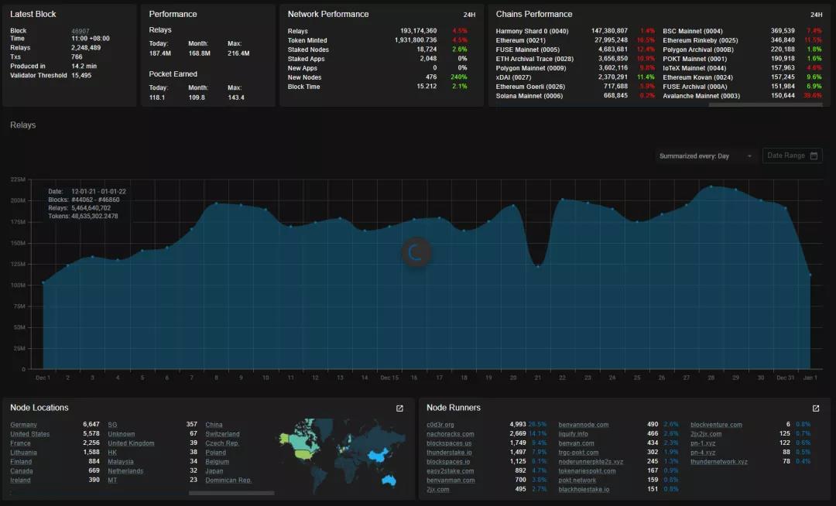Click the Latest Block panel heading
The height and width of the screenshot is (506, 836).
click(x=33, y=14)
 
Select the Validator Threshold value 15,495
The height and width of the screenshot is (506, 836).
click(x=81, y=76)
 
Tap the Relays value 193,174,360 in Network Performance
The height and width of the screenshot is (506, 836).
click(x=418, y=31)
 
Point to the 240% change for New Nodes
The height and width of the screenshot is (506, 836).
click(x=459, y=77)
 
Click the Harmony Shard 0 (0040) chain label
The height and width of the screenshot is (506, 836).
click(x=533, y=31)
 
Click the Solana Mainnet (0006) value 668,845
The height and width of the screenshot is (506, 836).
click(x=615, y=96)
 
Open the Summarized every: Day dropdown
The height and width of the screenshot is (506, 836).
click(x=704, y=156)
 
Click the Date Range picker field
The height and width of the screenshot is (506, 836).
click(x=792, y=156)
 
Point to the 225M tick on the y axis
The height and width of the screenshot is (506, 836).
click(x=18, y=179)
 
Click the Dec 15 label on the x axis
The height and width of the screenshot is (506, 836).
click(x=389, y=378)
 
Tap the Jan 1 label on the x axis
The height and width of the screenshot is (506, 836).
click(x=810, y=378)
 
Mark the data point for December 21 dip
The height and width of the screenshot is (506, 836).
click(x=538, y=267)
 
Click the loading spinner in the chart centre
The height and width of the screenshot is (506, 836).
click(x=416, y=252)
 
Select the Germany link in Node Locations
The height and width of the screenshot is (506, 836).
click(x=23, y=425)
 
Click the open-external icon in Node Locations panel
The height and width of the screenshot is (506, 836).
click(x=399, y=409)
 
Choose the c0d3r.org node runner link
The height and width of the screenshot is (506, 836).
click(x=440, y=425)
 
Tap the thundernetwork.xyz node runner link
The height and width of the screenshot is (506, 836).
click(x=719, y=462)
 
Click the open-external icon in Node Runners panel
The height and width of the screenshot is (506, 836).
click(x=816, y=409)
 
